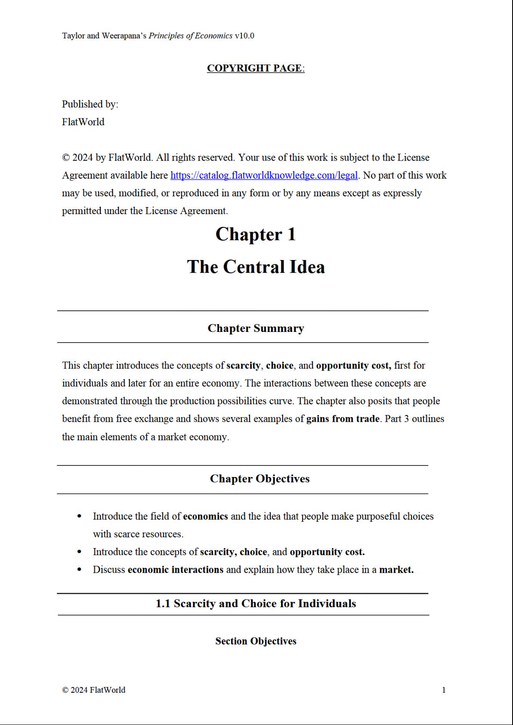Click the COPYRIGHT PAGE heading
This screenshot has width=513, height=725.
[256, 68]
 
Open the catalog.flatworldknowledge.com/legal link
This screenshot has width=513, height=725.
[264, 175]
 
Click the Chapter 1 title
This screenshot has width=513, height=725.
[256, 235]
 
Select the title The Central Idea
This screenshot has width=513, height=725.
[256, 267]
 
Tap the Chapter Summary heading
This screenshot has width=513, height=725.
[256, 328]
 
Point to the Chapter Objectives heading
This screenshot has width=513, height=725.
[260, 479]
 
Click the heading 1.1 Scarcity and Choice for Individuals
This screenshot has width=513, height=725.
[256, 604]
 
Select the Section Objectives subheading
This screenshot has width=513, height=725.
[256, 641]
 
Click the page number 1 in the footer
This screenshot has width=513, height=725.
[444, 690]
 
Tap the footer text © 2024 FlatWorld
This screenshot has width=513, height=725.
[94, 690]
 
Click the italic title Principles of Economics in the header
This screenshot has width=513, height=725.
[190, 36]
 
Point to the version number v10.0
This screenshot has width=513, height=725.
[244, 36]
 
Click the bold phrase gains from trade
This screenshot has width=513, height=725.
[343, 419]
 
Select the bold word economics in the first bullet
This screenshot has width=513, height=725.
[205, 516]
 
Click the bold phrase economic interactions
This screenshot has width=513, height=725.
[175, 570]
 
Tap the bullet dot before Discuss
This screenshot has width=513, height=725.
[79, 570]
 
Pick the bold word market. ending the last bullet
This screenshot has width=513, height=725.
[396, 570]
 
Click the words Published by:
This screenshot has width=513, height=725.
[90, 104]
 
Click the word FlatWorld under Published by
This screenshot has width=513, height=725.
[83, 122]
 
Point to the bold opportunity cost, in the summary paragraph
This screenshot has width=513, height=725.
[353, 366]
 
